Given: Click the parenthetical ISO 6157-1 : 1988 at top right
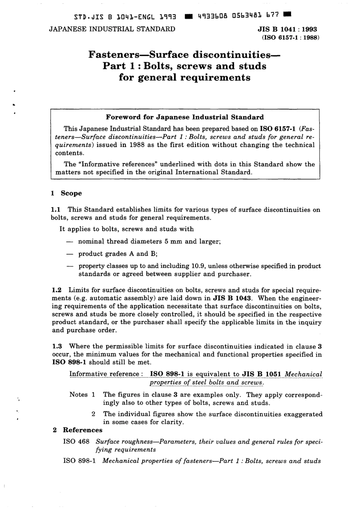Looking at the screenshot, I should (x=291, y=38).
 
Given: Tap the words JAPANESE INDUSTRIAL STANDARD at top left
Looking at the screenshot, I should (x=112, y=29).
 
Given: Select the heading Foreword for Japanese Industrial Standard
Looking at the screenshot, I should (x=185, y=117).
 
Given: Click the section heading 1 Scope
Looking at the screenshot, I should (x=67, y=193).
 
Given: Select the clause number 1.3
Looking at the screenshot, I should (x=57, y=346).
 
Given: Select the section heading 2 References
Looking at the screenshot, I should (x=77, y=430).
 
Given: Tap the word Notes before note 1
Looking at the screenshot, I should (x=78, y=394).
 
